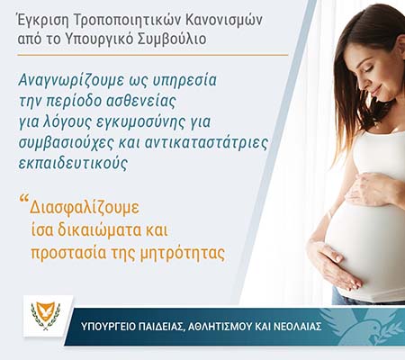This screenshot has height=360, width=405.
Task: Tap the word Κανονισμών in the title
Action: [224, 21]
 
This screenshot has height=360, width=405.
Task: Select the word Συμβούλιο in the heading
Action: [172, 40]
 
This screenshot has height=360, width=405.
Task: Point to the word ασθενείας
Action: [141, 101]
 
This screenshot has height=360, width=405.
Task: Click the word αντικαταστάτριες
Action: [206, 143]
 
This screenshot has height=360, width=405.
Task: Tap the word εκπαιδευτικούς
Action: [73, 164]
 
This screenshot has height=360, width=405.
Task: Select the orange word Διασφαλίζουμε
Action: [85, 208]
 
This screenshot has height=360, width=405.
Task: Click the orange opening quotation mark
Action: [23, 199]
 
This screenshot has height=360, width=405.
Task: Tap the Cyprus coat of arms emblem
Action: [46, 316]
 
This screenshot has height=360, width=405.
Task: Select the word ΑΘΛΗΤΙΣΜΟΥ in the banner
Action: [220, 327]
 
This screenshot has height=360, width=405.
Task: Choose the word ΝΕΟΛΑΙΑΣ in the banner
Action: [299, 327]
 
